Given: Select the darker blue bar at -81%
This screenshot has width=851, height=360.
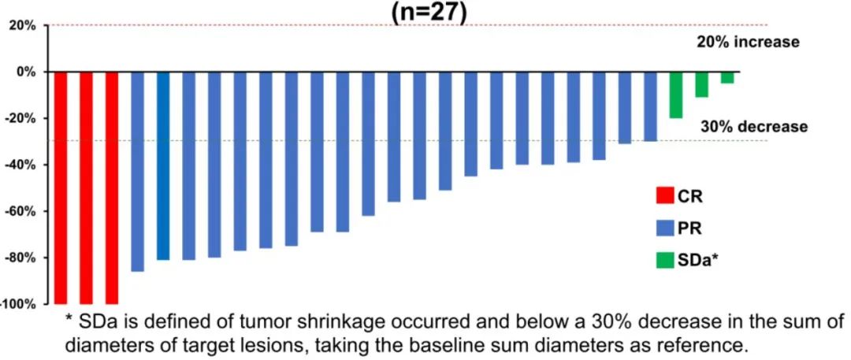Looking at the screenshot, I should [163, 165].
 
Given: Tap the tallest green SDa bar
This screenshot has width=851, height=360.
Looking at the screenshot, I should [675, 95].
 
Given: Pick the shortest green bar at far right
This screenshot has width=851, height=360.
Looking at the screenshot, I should [727, 77].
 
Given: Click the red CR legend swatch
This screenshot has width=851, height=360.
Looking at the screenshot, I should [665, 195].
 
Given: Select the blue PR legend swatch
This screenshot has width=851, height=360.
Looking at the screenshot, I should [665, 228].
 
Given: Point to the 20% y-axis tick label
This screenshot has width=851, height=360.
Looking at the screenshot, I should [21, 25].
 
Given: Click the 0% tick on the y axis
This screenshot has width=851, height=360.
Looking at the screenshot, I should [25, 72].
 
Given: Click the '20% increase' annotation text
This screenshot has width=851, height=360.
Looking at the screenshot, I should [748, 42].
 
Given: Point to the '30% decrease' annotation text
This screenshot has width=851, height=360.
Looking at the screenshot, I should [754, 126].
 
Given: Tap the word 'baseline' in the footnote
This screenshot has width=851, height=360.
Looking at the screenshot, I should [512, 345].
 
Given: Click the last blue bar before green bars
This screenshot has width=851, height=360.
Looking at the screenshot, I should [650, 106].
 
